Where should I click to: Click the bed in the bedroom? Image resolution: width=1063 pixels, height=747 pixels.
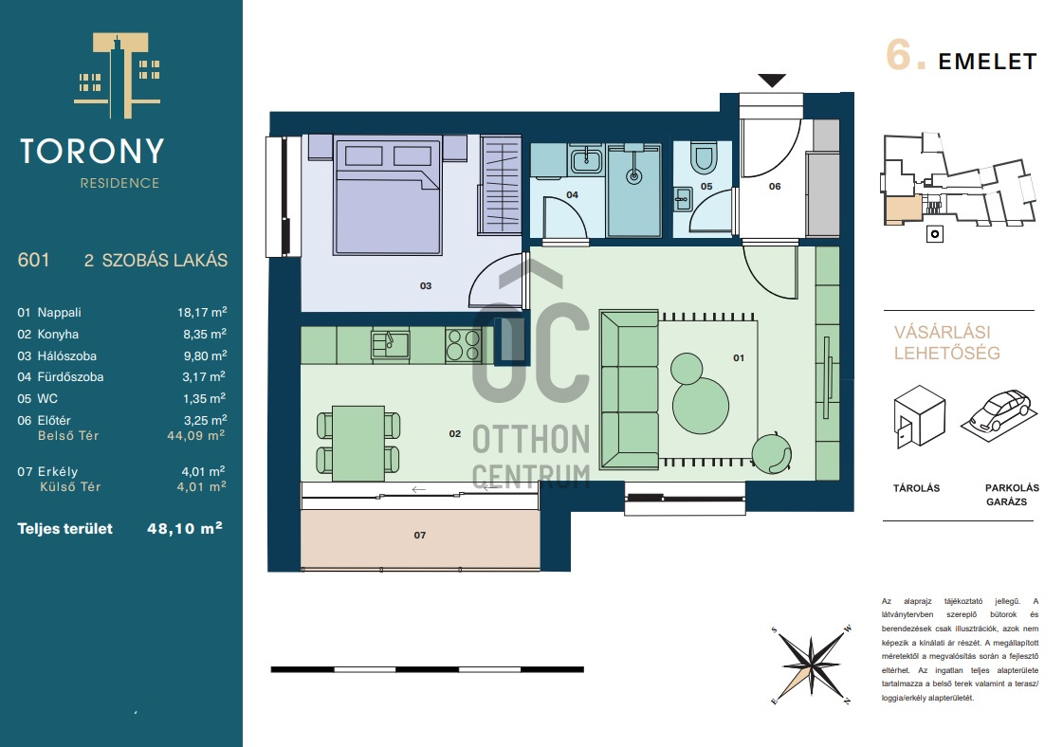[x=388, y=195]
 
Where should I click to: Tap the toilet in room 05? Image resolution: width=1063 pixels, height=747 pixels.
[x=703, y=157]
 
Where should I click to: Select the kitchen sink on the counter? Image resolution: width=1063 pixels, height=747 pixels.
[x=390, y=344]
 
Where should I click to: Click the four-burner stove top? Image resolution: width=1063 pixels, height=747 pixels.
[x=463, y=344]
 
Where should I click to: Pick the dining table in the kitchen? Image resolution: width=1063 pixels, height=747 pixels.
[x=357, y=443]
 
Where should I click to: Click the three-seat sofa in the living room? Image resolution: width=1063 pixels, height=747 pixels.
[x=629, y=389]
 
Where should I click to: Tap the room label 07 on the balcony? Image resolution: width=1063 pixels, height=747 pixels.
[x=420, y=536]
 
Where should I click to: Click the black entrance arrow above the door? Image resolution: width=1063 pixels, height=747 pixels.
[x=772, y=80]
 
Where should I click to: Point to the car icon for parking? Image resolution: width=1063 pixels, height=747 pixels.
[x=999, y=410]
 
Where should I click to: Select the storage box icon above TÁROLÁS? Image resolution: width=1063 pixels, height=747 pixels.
[x=919, y=415]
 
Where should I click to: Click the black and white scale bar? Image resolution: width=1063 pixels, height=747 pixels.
[x=427, y=669]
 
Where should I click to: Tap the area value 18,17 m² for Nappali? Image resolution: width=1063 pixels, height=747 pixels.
[x=202, y=313]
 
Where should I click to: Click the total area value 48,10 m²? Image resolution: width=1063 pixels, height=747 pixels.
[x=184, y=529]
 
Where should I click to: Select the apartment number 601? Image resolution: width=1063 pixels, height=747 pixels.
[x=33, y=261]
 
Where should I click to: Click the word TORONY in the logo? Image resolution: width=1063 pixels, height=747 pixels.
[x=92, y=151]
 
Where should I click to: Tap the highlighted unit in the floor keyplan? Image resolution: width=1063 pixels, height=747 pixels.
[x=903, y=210]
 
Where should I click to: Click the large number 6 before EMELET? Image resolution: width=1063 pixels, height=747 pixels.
[x=898, y=55]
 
